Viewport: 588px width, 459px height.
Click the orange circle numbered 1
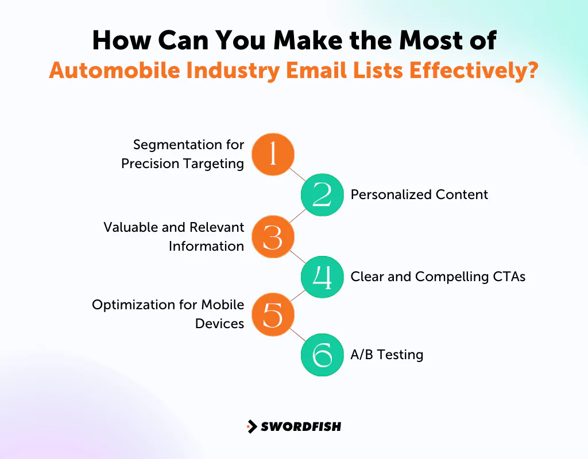273,154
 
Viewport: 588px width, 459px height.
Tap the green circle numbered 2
322,195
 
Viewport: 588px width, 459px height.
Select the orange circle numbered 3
273,236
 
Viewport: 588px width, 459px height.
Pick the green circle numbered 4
322,277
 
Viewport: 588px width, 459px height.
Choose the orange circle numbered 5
273,314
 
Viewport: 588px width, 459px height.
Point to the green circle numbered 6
322,355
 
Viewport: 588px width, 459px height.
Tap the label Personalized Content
419,195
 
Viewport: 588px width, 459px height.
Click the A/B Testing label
386,355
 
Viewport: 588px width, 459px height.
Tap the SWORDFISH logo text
301,426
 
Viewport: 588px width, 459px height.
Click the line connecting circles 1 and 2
297,174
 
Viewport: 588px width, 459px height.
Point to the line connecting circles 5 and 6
297,334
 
